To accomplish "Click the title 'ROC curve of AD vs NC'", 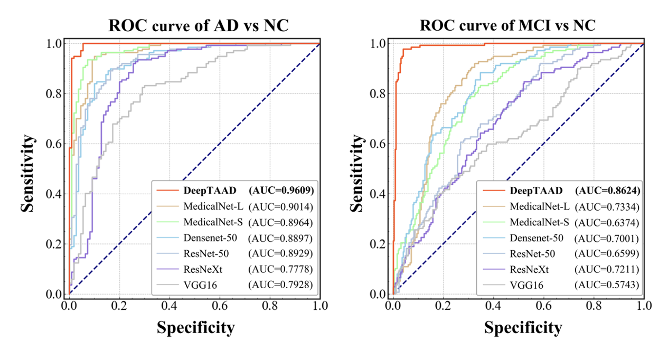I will [x=199, y=25].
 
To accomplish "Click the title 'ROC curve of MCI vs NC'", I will [x=507, y=25].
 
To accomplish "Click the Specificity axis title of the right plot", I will [x=523, y=328].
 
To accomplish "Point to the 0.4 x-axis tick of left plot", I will [x=170, y=306].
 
